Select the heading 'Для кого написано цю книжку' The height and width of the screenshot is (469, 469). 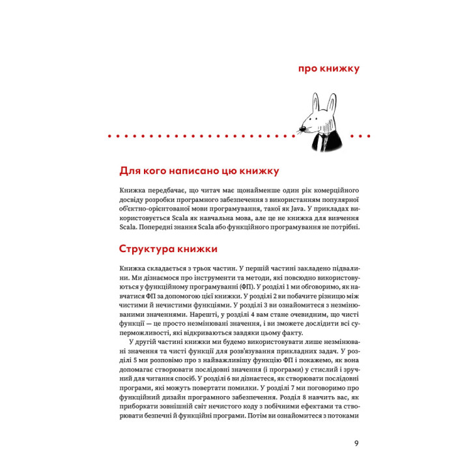pyautogui.click(x=199, y=171)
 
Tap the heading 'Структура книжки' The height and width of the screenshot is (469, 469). pyautogui.click(x=169, y=249)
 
